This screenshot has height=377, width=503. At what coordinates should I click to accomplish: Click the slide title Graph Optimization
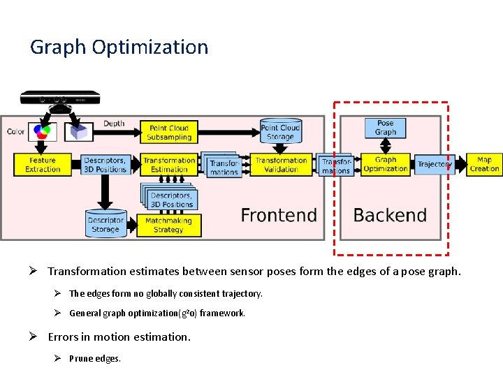point(119,47)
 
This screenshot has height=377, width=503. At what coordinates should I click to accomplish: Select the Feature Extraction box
point(43,165)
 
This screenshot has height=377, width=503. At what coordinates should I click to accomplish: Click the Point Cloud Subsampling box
point(169,133)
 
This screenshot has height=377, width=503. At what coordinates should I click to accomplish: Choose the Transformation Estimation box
point(169,165)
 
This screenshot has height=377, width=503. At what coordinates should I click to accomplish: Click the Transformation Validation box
point(281,165)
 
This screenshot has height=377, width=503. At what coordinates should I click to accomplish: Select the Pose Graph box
point(385,128)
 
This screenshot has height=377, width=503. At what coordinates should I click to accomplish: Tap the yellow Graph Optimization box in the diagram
point(385,165)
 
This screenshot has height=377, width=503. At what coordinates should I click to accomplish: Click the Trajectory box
point(435,165)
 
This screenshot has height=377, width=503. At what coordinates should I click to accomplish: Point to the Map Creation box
point(484,165)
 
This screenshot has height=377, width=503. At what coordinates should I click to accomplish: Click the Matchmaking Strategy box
point(168,225)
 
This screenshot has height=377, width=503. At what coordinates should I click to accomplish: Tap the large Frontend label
point(279,215)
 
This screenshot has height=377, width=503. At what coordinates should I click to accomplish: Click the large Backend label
point(390,215)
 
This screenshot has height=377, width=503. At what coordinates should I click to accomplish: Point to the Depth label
point(114,124)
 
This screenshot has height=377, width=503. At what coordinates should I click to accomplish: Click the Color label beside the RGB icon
point(15,131)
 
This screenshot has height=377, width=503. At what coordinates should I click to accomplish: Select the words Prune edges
point(95,359)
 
